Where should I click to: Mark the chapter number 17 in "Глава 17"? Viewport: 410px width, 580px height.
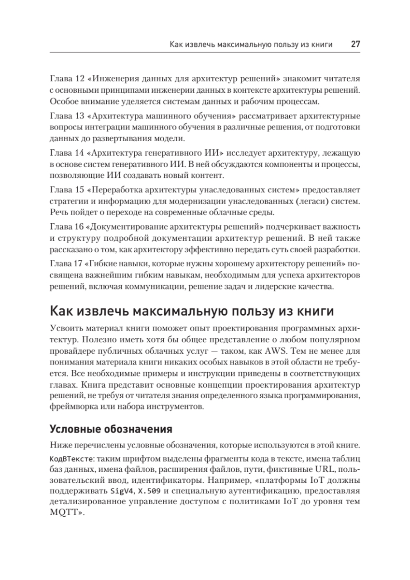click(78, 264)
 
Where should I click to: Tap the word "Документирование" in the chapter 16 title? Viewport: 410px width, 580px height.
click(128, 227)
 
